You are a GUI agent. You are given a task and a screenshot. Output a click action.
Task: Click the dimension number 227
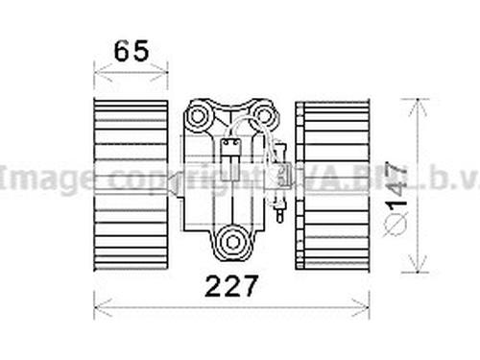tap(231, 287)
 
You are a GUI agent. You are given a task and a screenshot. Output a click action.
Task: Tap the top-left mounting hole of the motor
tap(199, 116)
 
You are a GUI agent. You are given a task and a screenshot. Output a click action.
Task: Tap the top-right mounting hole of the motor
tap(264, 116)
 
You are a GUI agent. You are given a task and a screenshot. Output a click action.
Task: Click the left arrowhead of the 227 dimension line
tap(97, 307)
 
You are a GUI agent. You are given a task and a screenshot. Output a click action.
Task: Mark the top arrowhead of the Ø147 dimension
tap(416, 102)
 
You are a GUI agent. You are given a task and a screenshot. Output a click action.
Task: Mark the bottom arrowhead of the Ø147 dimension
tap(416, 269)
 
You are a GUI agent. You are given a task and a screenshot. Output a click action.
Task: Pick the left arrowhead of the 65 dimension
tap(97, 68)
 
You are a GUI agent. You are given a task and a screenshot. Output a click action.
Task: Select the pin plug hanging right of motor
tap(279, 206)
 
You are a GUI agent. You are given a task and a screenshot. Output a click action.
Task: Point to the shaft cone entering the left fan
tap(175, 180)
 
